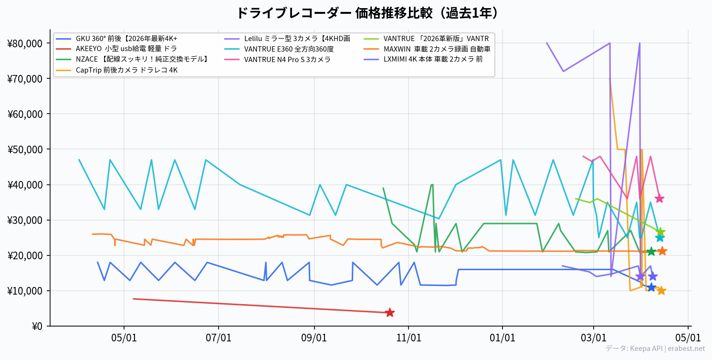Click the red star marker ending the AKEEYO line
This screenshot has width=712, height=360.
[389, 313]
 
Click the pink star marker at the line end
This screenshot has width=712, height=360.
[660, 199]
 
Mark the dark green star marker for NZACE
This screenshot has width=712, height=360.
[651, 252]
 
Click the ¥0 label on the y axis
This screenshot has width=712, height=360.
[37, 327]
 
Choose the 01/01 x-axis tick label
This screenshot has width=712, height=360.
[503, 338]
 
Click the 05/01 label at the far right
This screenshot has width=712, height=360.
[688, 338]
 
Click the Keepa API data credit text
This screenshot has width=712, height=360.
[655, 349]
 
